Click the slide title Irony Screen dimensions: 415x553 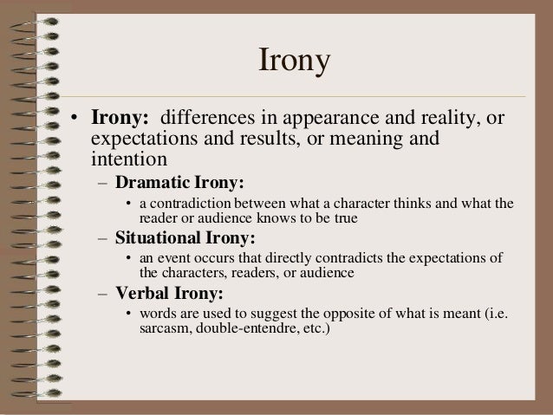click(296, 63)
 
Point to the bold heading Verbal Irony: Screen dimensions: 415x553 click(169, 292)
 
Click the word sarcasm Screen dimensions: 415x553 click(166, 330)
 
